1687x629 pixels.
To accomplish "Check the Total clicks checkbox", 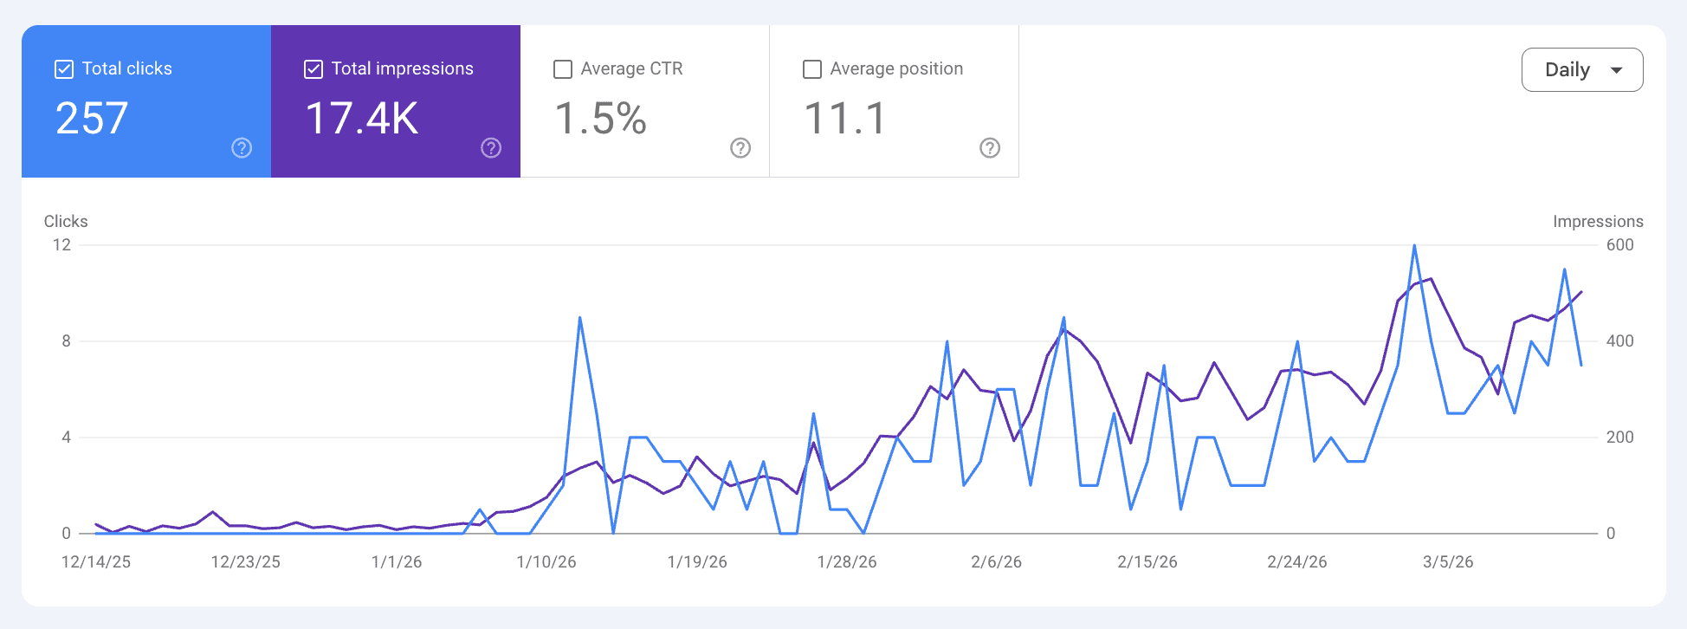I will click(64, 69).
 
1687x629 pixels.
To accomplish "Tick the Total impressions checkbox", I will click(313, 69).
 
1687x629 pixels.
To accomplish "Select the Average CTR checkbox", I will click(563, 69).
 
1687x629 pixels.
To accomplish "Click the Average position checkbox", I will click(812, 69).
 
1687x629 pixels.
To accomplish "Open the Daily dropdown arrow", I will click(1616, 70).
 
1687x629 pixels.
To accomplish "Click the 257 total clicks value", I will click(92, 119).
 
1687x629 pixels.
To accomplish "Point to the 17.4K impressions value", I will click(362, 119).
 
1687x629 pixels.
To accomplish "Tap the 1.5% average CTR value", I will click(600, 119).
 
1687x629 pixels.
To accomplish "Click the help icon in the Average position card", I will click(990, 148).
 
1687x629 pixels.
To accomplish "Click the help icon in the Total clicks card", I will click(242, 148).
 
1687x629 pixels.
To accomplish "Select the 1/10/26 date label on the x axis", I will click(546, 562).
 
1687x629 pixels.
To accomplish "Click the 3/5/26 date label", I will click(1448, 562).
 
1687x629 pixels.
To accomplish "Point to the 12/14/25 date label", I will click(96, 562).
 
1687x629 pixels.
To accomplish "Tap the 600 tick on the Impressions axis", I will click(1619, 245).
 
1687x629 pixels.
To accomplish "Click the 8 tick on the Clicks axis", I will click(66, 341).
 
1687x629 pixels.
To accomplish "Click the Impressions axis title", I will click(1598, 222).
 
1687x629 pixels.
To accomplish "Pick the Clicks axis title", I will click(66, 222).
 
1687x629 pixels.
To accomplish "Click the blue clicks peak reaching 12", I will click(1414, 247).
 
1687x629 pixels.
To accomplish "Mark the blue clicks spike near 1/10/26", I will click(579, 319).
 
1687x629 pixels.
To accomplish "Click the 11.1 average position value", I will click(845, 119).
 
